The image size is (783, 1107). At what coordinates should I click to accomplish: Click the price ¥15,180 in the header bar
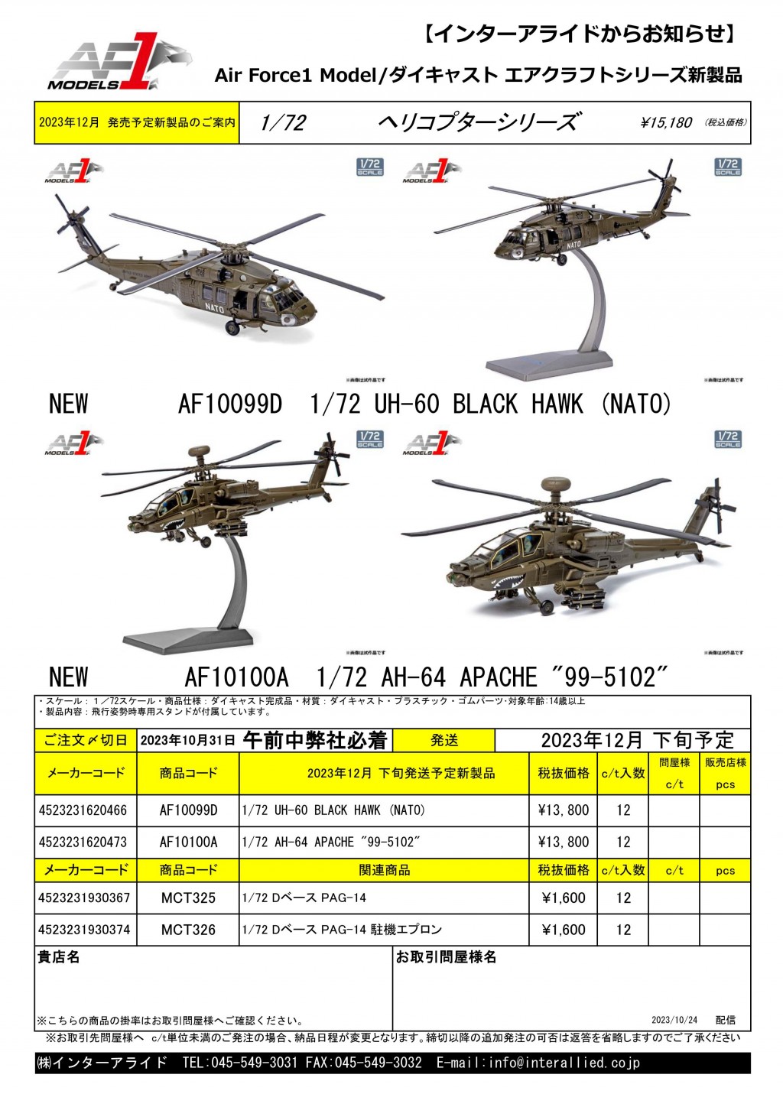tap(666, 122)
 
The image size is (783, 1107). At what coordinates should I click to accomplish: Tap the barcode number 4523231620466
tap(83, 810)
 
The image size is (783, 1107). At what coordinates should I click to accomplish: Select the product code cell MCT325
tap(188, 898)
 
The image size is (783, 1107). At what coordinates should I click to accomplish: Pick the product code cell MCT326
tap(188, 930)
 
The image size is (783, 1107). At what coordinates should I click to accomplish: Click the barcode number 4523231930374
tap(84, 930)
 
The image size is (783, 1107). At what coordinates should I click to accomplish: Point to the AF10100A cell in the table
tap(188, 842)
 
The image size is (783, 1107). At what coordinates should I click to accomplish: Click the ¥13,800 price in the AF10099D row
tap(564, 810)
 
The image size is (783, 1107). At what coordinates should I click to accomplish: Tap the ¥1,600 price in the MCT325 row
tap(564, 898)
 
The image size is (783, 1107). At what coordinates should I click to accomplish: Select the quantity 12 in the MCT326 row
tap(623, 930)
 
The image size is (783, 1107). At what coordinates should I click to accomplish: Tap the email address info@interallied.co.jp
tap(564, 1063)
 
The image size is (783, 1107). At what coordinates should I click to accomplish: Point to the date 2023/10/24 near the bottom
tap(674, 1020)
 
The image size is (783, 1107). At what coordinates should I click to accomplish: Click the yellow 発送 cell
tap(444, 740)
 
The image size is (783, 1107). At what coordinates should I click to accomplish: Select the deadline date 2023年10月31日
tap(187, 741)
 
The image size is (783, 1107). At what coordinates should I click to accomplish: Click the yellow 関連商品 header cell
tap(384, 870)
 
